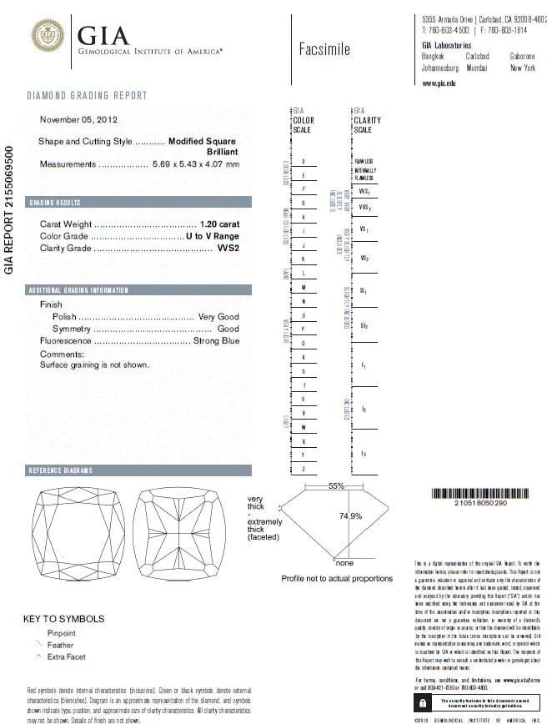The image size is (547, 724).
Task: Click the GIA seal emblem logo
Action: [x=48, y=36]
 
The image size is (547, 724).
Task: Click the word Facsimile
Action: [x=324, y=48]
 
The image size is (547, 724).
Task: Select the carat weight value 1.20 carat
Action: [x=220, y=224]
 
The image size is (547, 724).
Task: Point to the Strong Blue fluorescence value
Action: [x=216, y=340]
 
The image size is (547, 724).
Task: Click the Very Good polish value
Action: [x=218, y=317]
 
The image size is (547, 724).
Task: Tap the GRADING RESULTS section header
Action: [x=55, y=203]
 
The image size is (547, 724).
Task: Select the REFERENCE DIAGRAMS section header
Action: [x=60, y=471]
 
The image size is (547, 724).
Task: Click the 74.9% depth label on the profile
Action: [x=350, y=516]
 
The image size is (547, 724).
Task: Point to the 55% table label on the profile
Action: [x=336, y=485]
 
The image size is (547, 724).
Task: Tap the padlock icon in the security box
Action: [x=423, y=703]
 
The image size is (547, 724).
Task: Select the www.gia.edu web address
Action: [x=439, y=83]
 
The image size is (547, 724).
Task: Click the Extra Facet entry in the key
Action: [x=67, y=657]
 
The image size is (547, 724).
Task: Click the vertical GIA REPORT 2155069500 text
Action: [x=10, y=210]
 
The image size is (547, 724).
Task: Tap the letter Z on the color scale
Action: [x=303, y=470]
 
